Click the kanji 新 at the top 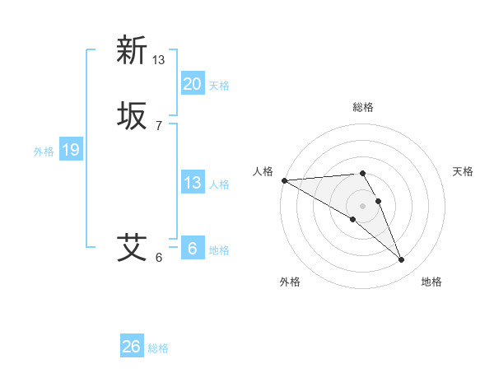pos(132,49)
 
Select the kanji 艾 pos(132,246)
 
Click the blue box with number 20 pos(192,83)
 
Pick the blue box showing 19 pos(70,150)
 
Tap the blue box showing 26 pos(131,347)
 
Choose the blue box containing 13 pos(192,183)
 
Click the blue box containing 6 pos(192,249)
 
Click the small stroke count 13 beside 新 pos(158,59)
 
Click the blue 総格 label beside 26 pos(158,348)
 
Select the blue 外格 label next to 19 pos(44,152)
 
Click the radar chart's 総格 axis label pos(362,107)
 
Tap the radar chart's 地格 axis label pos(431,282)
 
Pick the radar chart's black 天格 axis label pos(463,171)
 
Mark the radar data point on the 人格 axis pos(284,180)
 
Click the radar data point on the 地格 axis pos(401,260)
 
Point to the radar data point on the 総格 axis pos(362,173)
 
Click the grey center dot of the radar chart pos(362,206)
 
